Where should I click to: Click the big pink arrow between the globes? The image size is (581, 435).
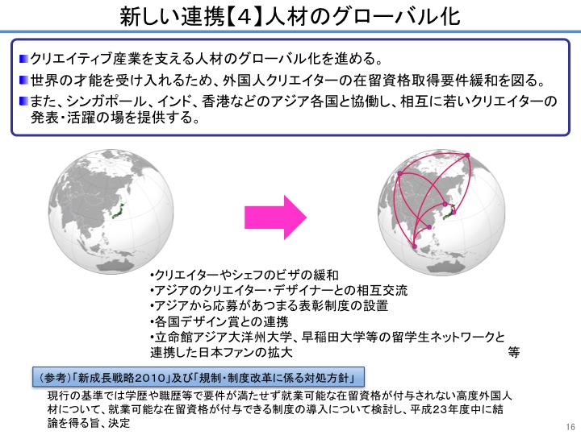[x=276, y=217]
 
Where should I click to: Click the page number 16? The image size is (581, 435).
[x=571, y=426]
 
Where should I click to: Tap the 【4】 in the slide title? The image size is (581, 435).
[x=245, y=17]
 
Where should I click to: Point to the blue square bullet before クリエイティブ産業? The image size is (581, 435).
[x=23, y=59]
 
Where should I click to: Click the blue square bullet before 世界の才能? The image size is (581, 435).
[x=23, y=80]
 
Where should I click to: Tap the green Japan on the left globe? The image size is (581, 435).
[x=119, y=211]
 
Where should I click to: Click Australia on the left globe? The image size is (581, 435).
[x=115, y=263]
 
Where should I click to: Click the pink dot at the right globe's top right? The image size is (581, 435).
[x=467, y=155]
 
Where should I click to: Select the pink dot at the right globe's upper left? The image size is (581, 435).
[x=399, y=173]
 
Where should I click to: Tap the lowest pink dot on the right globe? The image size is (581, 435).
[x=415, y=246]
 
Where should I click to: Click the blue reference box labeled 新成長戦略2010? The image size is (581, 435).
[x=199, y=377]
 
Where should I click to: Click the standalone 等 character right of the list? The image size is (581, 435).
[x=513, y=353]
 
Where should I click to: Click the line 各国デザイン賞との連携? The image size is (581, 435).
[x=219, y=321]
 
